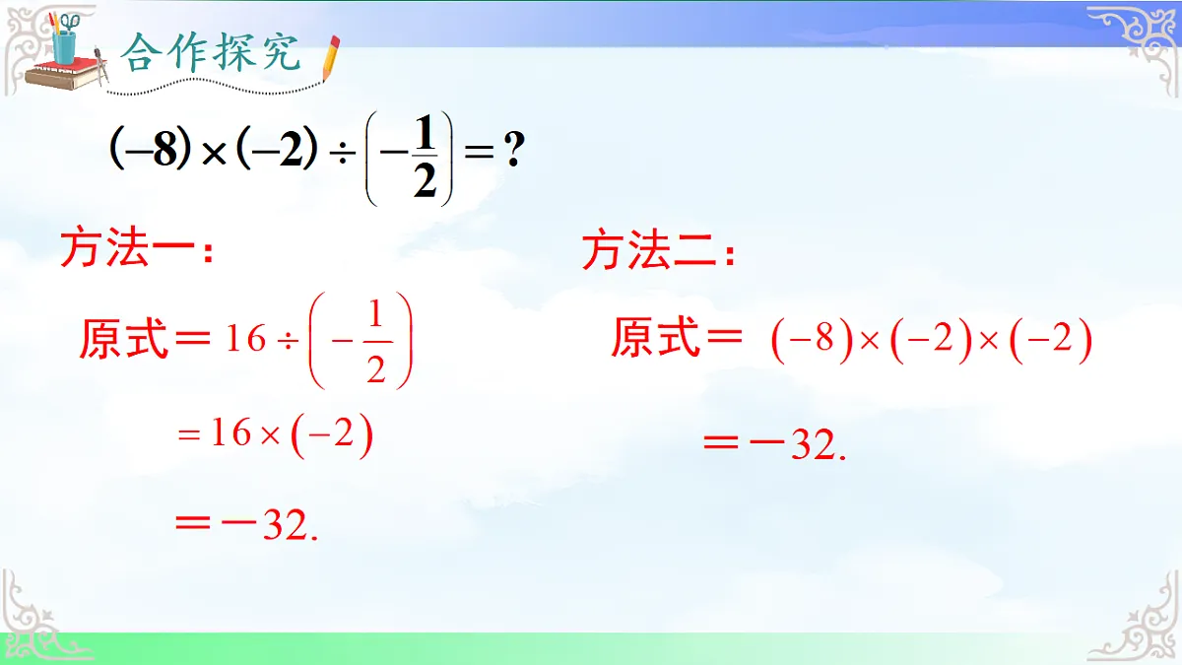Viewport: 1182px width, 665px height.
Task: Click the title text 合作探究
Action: (x=211, y=54)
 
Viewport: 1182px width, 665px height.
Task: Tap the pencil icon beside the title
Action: (x=330, y=58)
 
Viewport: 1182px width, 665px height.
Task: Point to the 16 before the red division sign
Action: (x=245, y=340)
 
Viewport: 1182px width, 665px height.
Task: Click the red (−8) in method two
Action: (x=811, y=341)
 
